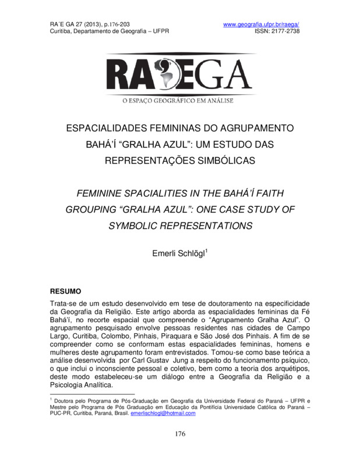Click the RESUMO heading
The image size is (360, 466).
click(x=66, y=290)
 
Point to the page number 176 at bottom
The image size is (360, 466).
click(x=180, y=434)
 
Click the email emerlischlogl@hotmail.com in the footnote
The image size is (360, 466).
click(x=163, y=414)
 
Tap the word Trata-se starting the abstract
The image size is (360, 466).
click(x=66, y=305)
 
